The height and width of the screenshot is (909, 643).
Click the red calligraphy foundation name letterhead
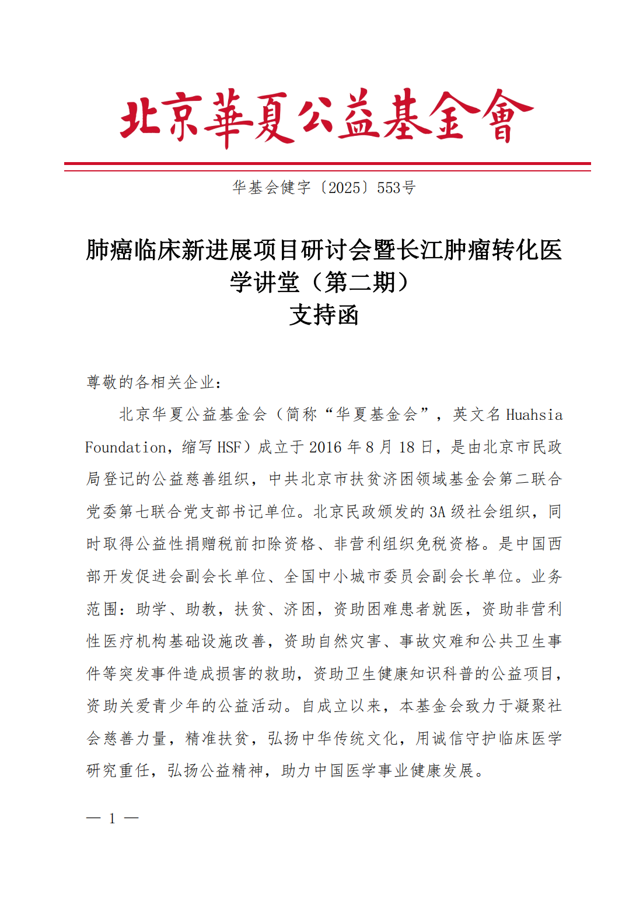[x=326, y=117]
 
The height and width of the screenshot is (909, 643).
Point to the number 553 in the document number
[x=389, y=188]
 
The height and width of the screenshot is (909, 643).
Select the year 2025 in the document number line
[x=344, y=188]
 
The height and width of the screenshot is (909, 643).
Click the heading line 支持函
[x=324, y=315]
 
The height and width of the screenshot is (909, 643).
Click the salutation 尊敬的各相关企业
[x=151, y=382]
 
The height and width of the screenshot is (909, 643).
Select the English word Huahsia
[x=534, y=415]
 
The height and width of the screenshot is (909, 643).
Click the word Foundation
[x=126, y=447]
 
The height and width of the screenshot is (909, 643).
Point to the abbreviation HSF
[x=229, y=447]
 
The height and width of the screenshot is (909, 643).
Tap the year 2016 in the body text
[x=325, y=447]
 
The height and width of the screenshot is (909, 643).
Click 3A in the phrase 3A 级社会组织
[x=438, y=512]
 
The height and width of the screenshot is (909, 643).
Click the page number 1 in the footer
[x=112, y=819]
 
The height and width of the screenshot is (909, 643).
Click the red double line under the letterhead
[x=327, y=167]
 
